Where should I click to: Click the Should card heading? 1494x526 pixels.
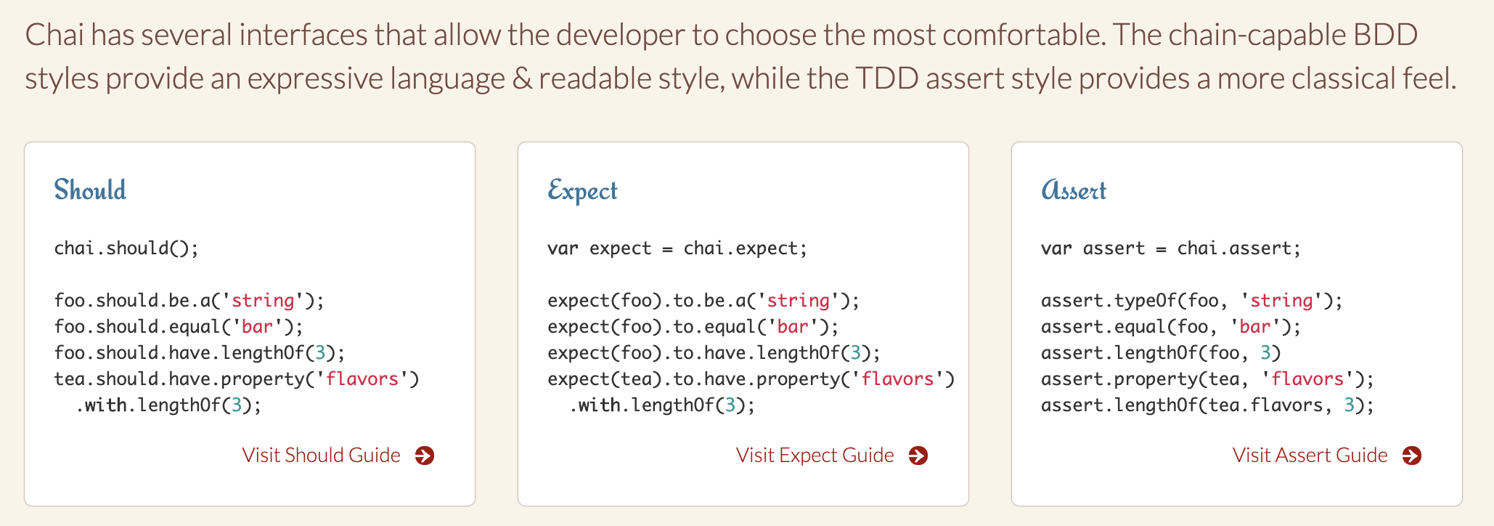pos(90,190)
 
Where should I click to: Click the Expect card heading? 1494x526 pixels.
pos(582,190)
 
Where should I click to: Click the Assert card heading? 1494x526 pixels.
pos(1074,190)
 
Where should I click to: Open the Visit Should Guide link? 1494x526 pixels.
pos(321,455)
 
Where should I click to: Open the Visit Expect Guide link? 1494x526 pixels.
pos(815,455)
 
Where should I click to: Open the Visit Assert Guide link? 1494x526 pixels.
pos(1310,455)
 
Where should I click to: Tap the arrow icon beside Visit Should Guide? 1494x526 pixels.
pos(425,456)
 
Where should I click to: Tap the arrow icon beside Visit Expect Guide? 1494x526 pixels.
pos(918,456)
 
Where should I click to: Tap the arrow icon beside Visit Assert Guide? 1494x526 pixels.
pos(1412,456)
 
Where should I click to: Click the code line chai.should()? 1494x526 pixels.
pos(126,248)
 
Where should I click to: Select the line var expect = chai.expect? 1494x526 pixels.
pos(677,248)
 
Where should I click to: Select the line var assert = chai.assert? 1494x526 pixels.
pos(1171,248)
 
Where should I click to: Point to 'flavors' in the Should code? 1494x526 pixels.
pos(362,379)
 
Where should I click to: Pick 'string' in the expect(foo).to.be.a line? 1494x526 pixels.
pos(798,300)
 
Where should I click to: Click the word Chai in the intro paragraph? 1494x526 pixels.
pos(54,35)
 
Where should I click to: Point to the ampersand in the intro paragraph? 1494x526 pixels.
pos(522,78)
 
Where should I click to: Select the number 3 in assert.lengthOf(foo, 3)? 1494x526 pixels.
pos(1265,352)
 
